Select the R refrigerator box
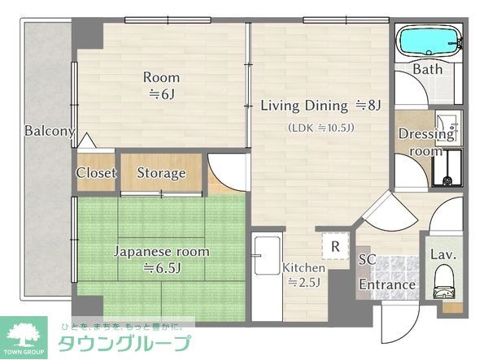334,242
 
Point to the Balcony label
49,131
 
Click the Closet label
96,173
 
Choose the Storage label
160,173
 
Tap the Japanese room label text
160,252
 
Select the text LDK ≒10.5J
320,128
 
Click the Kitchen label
303,267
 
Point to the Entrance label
387,285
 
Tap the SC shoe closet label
368,258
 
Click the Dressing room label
426,142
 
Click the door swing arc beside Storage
221,171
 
